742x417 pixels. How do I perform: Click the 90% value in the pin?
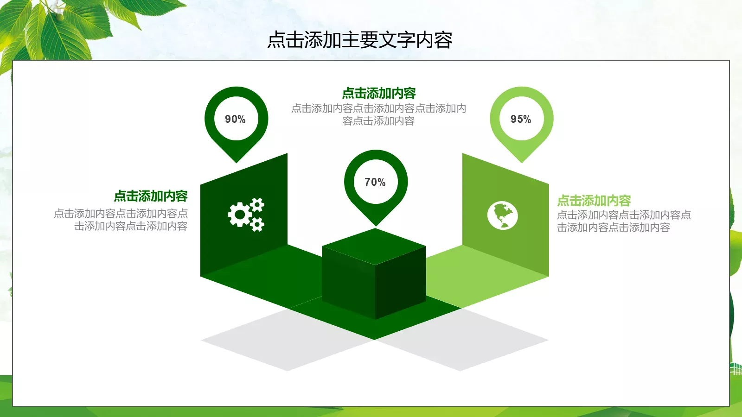235,119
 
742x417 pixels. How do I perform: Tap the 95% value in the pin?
521,119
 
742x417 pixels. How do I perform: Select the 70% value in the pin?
375,182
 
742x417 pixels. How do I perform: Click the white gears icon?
246,215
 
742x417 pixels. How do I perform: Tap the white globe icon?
502,215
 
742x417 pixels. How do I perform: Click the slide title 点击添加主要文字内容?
360,40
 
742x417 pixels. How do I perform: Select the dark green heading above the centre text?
379,94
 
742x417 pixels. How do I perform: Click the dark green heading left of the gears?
151,196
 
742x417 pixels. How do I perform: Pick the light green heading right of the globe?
594,201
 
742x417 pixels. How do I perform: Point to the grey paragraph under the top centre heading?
378,114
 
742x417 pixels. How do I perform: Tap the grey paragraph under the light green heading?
623,221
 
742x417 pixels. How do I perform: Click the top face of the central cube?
374,246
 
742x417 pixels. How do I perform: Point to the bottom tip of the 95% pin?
521,161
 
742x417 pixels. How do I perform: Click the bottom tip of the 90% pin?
237,161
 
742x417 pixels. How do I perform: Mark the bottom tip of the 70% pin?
376,225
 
